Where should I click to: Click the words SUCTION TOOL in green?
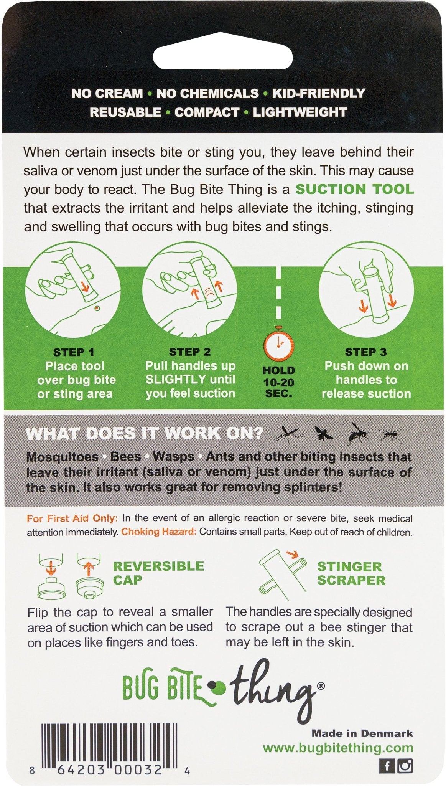(355, 189)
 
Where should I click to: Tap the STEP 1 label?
(74, 352)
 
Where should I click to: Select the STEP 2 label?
(189, 352)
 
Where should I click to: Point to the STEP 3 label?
(366, 352)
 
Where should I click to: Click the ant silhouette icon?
(391, 434)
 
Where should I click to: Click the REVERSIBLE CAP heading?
(158, 573)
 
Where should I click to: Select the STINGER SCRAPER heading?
(351, 573)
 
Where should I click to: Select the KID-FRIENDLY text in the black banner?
(318, 93)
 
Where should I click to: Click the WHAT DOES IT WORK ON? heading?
(144, 434)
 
